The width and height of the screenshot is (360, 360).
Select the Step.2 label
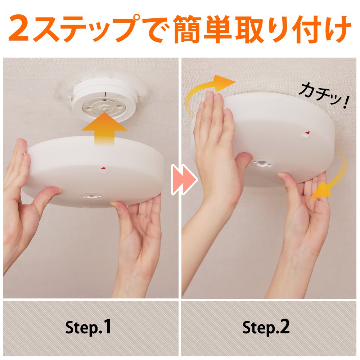[266, 327]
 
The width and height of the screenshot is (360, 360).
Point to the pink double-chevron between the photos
[184, 179]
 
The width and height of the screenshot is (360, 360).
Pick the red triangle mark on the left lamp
[104, 168]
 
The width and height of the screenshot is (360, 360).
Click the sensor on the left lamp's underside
[91, 196]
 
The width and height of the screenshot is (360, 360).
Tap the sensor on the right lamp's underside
[262, 163]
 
